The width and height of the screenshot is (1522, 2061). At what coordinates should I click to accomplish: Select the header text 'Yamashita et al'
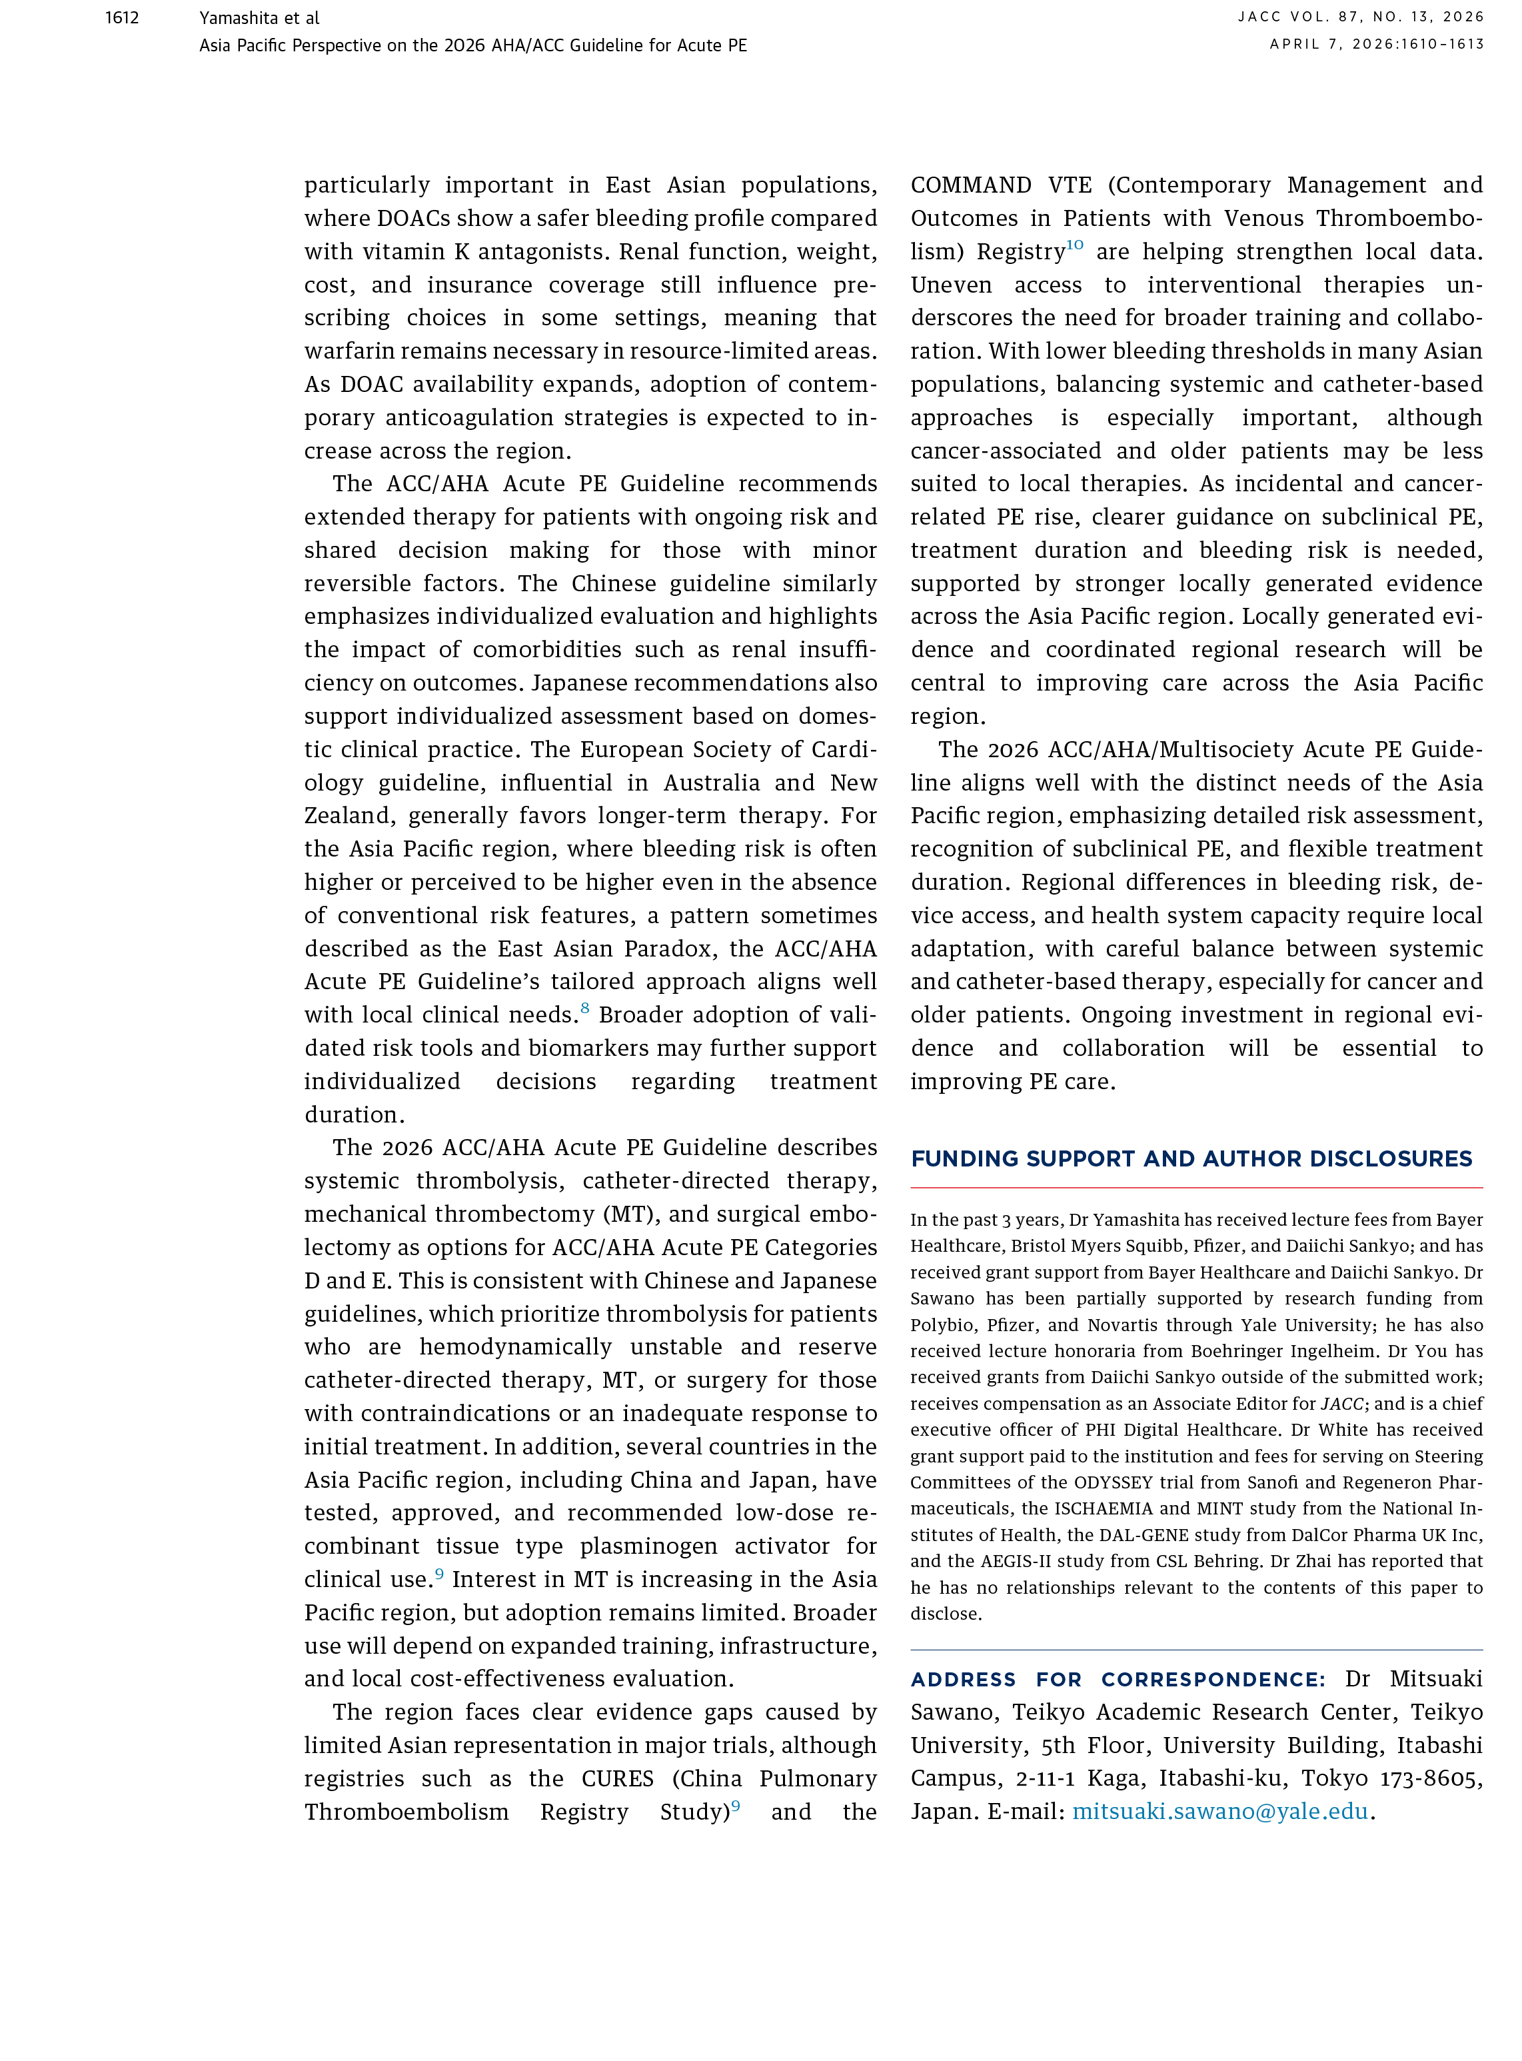(x=259, y=17)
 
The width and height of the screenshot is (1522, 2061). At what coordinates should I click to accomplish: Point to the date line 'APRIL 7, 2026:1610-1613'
(x=1377, y=44)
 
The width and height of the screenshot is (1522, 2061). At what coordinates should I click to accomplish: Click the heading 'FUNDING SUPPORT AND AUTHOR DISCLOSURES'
(x=1191, y=1159)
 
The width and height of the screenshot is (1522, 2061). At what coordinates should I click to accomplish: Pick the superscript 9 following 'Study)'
(x=736, y=1806)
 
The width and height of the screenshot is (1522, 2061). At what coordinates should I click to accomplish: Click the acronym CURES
(x=617, y=1778)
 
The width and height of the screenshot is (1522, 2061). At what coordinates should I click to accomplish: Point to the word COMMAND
(x=971, y=185)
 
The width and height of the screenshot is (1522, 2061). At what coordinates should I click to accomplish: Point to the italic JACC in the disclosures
(x=1342, y=1404)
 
